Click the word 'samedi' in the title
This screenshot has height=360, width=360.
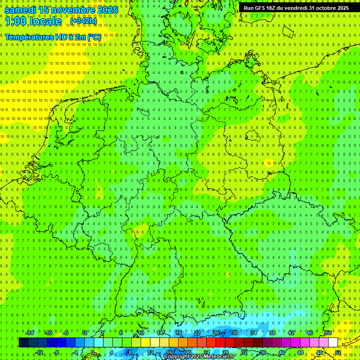point(20,10)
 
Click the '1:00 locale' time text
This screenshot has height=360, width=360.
point(33,22)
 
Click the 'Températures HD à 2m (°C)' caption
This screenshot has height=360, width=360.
point(52,37)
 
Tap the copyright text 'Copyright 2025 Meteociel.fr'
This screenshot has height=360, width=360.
point(199,357)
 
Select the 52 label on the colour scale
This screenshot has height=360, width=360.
point(337,352)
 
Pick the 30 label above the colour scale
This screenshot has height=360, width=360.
point(234,333)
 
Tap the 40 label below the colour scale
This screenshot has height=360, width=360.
point(281,352)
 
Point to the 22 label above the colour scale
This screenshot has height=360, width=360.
point(197,333)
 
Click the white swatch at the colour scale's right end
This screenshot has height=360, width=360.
point(333,343)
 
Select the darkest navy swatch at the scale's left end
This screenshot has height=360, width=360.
point(23,343)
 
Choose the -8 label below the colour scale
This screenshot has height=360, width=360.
point(57,352)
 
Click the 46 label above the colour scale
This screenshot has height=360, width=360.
point(309,333)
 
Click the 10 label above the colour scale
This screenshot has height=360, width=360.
point(141,333)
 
